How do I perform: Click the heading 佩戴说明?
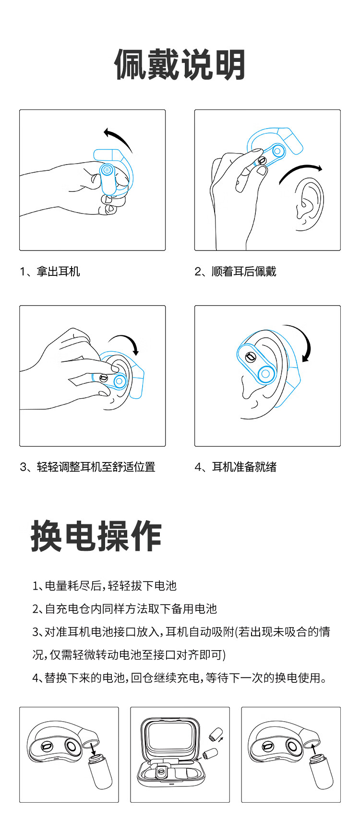pyautogui.click(x=180, y=65)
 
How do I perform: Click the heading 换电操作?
pyautogui.click(x=96, y=536)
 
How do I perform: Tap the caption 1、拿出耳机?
pyautogui.click(x=50, y=272)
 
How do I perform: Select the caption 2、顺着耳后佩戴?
pyautogui.click(x=235, y=272)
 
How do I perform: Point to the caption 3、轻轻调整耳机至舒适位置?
pyautogui.click(x=87, y=467)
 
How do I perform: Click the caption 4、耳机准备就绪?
pyautogui.click(x=235, y=467)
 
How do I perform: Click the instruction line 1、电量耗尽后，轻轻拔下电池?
pyautogui.click(x=105, y=586)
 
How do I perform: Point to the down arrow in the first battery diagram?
pyautogui.click(x=93, y=748)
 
